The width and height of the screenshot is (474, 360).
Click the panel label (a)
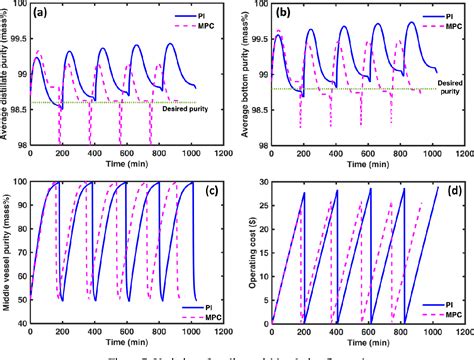pyautogui.click(x=44, y=15)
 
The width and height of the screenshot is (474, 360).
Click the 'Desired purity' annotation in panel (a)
pyautogui.click(x=191, y=113)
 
